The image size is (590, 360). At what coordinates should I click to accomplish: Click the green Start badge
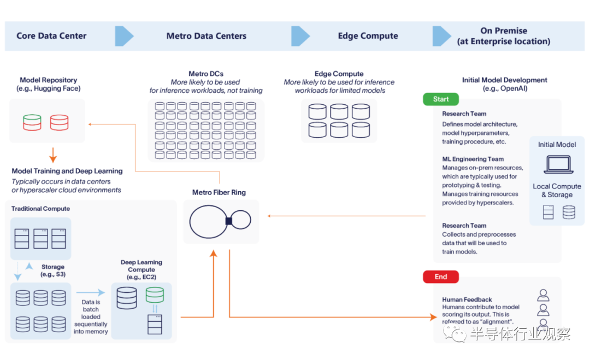(x=441, y=99)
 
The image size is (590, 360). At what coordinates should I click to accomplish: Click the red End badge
(x=441, y=277)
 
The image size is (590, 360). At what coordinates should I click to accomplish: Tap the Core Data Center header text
(x=51, y=36)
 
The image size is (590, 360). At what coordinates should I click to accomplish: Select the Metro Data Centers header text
(x=206, y=36)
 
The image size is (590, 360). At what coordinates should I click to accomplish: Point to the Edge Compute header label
(x=368, y=36)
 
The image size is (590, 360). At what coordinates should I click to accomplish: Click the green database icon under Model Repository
(x=32, y=122)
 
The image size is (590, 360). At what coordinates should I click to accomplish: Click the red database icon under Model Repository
(x=59, y=122)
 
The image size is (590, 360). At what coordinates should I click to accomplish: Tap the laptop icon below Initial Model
(x=558, y=164)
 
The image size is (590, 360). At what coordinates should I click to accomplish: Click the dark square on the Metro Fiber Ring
(x=229, y=221)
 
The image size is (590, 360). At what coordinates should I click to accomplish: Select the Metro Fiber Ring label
(x=219, y=192)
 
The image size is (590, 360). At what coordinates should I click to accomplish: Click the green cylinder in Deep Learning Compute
(x=155, y=294)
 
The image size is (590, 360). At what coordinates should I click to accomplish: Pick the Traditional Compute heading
(x=40, y=208)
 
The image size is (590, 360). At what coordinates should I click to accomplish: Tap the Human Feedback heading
(x=467, y=299)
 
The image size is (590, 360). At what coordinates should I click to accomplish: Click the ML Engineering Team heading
(x=473, y=159)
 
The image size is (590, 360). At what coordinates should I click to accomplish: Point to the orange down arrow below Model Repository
(x=53, y=155)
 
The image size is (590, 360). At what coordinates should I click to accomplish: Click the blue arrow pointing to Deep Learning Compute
(x=90, y=292)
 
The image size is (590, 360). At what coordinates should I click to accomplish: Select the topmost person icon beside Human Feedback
(x=543, y=296)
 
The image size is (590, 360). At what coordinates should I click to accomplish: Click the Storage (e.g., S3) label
(x=52, y=270)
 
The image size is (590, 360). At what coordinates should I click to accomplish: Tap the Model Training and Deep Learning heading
(x=67, y=171)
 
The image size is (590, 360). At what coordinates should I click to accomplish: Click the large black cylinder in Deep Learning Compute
(x=127, y=298)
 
